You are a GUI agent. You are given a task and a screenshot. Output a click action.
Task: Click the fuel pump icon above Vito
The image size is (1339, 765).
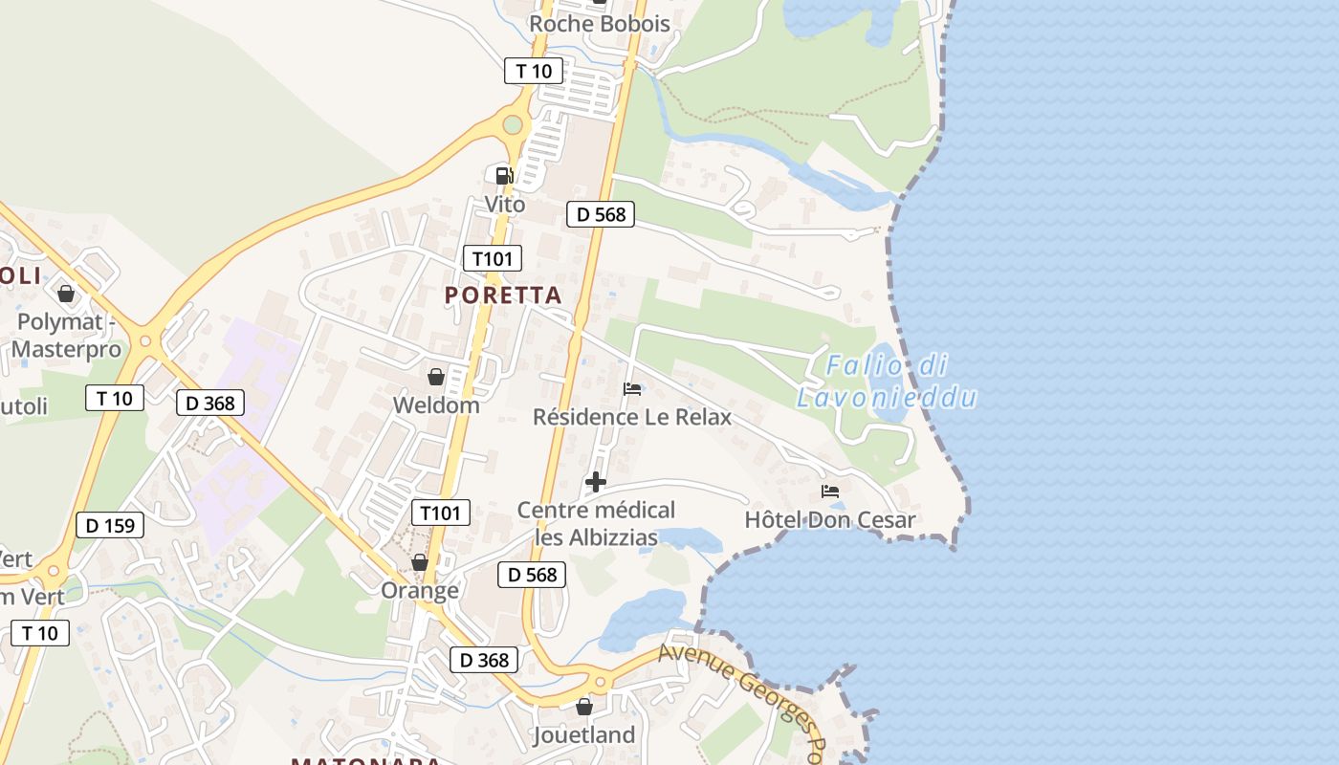point(503,175)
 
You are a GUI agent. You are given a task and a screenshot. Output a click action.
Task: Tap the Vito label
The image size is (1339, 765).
point(505,205)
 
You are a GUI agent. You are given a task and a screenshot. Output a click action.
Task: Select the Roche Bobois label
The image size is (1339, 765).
point(600,24)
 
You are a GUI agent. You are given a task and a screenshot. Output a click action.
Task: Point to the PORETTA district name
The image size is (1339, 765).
point(503,295)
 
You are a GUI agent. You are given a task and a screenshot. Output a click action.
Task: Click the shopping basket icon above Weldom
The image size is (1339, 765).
point(436,377)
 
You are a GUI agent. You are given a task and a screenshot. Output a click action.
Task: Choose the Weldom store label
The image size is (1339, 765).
point(436,405)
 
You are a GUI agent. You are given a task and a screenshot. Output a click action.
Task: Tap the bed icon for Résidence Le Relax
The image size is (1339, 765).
point(632,388)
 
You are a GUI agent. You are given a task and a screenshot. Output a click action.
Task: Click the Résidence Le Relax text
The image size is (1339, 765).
point(632,417)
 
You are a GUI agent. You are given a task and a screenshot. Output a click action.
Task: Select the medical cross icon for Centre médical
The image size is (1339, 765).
point(596,481)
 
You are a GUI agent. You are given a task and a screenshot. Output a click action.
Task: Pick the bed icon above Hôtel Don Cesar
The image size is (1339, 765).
point(830,492)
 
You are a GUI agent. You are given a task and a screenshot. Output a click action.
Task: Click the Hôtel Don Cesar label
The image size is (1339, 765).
point(830,520)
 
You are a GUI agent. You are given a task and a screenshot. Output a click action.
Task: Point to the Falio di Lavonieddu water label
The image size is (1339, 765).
point(887,381)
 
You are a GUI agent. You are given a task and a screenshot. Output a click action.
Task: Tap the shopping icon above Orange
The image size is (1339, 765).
point(420,562)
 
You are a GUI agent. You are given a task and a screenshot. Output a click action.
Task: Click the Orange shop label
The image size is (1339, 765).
point(420,590)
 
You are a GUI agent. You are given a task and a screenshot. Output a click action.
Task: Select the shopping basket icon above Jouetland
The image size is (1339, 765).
point(584,707)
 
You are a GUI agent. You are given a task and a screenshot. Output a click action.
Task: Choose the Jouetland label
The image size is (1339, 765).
point(584,735)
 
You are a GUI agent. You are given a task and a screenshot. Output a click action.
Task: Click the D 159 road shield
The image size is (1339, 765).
point(110,525)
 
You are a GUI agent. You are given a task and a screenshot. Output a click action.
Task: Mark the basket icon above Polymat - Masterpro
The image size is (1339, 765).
point(66,293)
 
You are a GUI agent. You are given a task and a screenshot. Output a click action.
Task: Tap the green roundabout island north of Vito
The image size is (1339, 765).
point(513,124)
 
